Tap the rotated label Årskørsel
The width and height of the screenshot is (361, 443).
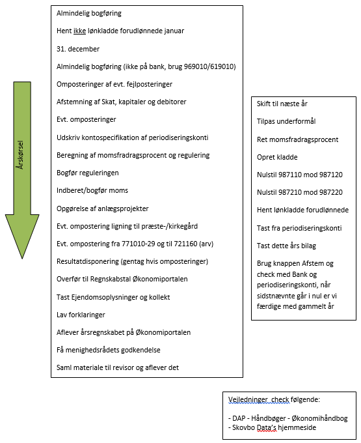[x=20, y=155]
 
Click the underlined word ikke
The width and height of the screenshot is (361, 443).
[x=79, y=31]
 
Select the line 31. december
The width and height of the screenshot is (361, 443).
[x=78, y=49]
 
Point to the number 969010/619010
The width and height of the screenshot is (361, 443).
[x=209, y=66]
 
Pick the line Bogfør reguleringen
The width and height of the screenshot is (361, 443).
[x=87, y=173]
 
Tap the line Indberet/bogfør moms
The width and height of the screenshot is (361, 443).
[x=92, y=190]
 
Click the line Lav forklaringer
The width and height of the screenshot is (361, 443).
[x=81, y=315]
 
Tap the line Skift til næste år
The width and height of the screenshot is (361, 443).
[x=282, y=104]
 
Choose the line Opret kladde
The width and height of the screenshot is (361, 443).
[x=277, y=157]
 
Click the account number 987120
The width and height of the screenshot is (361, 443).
[x=330, y=175]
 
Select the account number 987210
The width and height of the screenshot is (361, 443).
[x=291, y=192]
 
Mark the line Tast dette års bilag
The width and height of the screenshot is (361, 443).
[x=286, y=246]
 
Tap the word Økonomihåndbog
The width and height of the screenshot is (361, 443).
[x=319, y=418]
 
